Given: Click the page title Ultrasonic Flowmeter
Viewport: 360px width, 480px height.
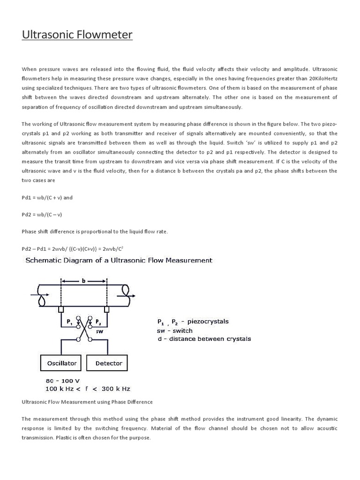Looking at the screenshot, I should pyautogui.click(x=77, y=35).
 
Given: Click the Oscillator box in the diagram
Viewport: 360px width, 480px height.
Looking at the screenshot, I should pyautogui.click(x=61, y=363).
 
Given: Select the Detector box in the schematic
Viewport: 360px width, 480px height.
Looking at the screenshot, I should pyautogui.click(x=109, y=363).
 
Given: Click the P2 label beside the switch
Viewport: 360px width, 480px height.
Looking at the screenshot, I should pyautogui.click(x=98, y=322).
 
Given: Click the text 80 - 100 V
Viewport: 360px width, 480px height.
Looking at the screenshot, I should pyautogui.click(x=62, y=381).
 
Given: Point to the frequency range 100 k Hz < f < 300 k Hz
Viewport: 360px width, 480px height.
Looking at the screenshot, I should pyautogui.click(x=88, y=389).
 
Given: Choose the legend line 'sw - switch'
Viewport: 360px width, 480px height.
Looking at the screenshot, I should pyautogui.click(x=174, y=330).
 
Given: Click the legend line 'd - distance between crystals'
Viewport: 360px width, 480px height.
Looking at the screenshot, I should pyautogui.click(x=203, y=338).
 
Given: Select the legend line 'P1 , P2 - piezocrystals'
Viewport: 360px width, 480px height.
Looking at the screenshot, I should pyautogui.click(x=193, y=322).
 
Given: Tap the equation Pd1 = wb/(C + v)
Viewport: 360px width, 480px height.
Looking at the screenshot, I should pyautogui.click(x=47, y=198).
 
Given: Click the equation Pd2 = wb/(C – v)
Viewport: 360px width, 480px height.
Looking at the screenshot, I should pyautogui.click(x=42, y=215).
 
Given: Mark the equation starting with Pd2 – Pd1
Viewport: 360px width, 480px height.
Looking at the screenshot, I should pyautogui.click(x=73, y=248).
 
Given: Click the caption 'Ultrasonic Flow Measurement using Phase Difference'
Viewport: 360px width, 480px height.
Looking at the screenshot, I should pyautogui.click(x=87, y=402).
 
